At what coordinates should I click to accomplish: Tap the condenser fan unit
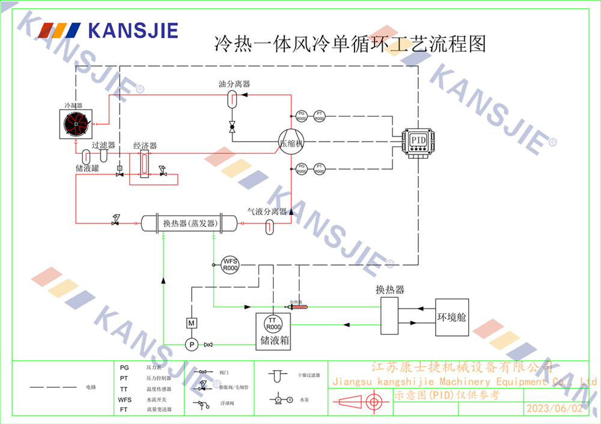tap(76, 124)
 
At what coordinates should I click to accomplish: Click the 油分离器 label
tap(234, 84)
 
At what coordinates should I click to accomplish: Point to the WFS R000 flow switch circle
tap(231, 264)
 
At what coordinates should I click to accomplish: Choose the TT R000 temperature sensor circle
tap(273, 324)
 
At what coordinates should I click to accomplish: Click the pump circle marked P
tap(191, 344)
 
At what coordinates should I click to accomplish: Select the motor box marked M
tap(192, 323)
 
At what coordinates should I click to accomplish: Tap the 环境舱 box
tap(452, 317)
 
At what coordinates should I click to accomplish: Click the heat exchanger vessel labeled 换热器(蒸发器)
tap(190, 223)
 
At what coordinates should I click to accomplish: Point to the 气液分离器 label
tap(267, 211)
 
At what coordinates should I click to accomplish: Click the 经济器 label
tap(145, 146)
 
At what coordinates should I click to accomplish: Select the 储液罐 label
tap(87, 168)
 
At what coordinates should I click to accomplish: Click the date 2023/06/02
tap(554, 408)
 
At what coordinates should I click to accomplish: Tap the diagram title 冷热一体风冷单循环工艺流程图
tap(350, 44)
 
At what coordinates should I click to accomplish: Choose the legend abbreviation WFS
tap(124, 399)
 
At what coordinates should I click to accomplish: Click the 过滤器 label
tap(103, 145)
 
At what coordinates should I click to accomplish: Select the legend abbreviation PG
tap(124, 367)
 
